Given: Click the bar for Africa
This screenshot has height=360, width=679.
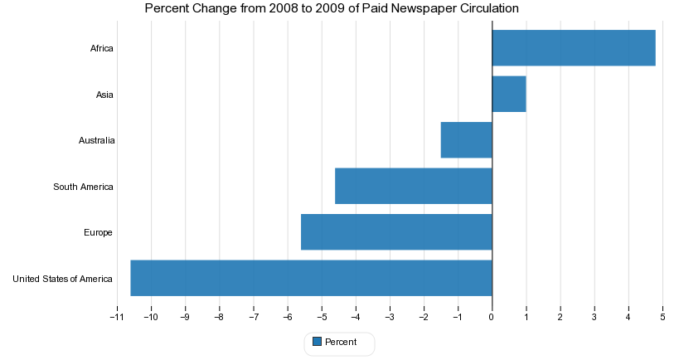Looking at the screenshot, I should [x=574, y=48].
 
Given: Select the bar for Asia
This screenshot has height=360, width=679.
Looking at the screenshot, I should [x=509, y=95].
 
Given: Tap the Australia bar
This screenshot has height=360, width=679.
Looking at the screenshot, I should [x=466, y=140].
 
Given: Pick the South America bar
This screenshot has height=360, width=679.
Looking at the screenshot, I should [x=414, y=186].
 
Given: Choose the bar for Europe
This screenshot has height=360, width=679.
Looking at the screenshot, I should [x=396, y=232].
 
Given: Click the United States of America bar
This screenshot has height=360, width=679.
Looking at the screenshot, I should [x=311, y=278].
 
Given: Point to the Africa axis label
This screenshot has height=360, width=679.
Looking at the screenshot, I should [x=101, y=49].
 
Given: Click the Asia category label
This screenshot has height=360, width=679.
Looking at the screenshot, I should [x=104, y=95].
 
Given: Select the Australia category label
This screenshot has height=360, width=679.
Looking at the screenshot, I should [x=96, y=141].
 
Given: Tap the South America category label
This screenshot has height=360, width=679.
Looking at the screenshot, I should [x=83, y=187].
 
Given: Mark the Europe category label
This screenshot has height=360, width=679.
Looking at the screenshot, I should [x=98, y=232].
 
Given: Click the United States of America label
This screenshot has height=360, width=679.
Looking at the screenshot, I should [x=62, y=279].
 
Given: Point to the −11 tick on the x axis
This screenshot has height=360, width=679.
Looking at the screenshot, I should [x=117, y=317].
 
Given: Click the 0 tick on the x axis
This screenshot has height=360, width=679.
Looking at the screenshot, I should [x=492, y=317].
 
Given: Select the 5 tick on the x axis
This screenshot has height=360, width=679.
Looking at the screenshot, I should [x=662, y=317].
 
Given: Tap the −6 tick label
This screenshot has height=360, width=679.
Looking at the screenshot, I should [x=287, y=317].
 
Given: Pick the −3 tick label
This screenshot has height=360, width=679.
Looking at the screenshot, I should [x=389, y=317].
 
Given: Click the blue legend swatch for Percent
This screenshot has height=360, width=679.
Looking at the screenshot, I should [x=316, y=342].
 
